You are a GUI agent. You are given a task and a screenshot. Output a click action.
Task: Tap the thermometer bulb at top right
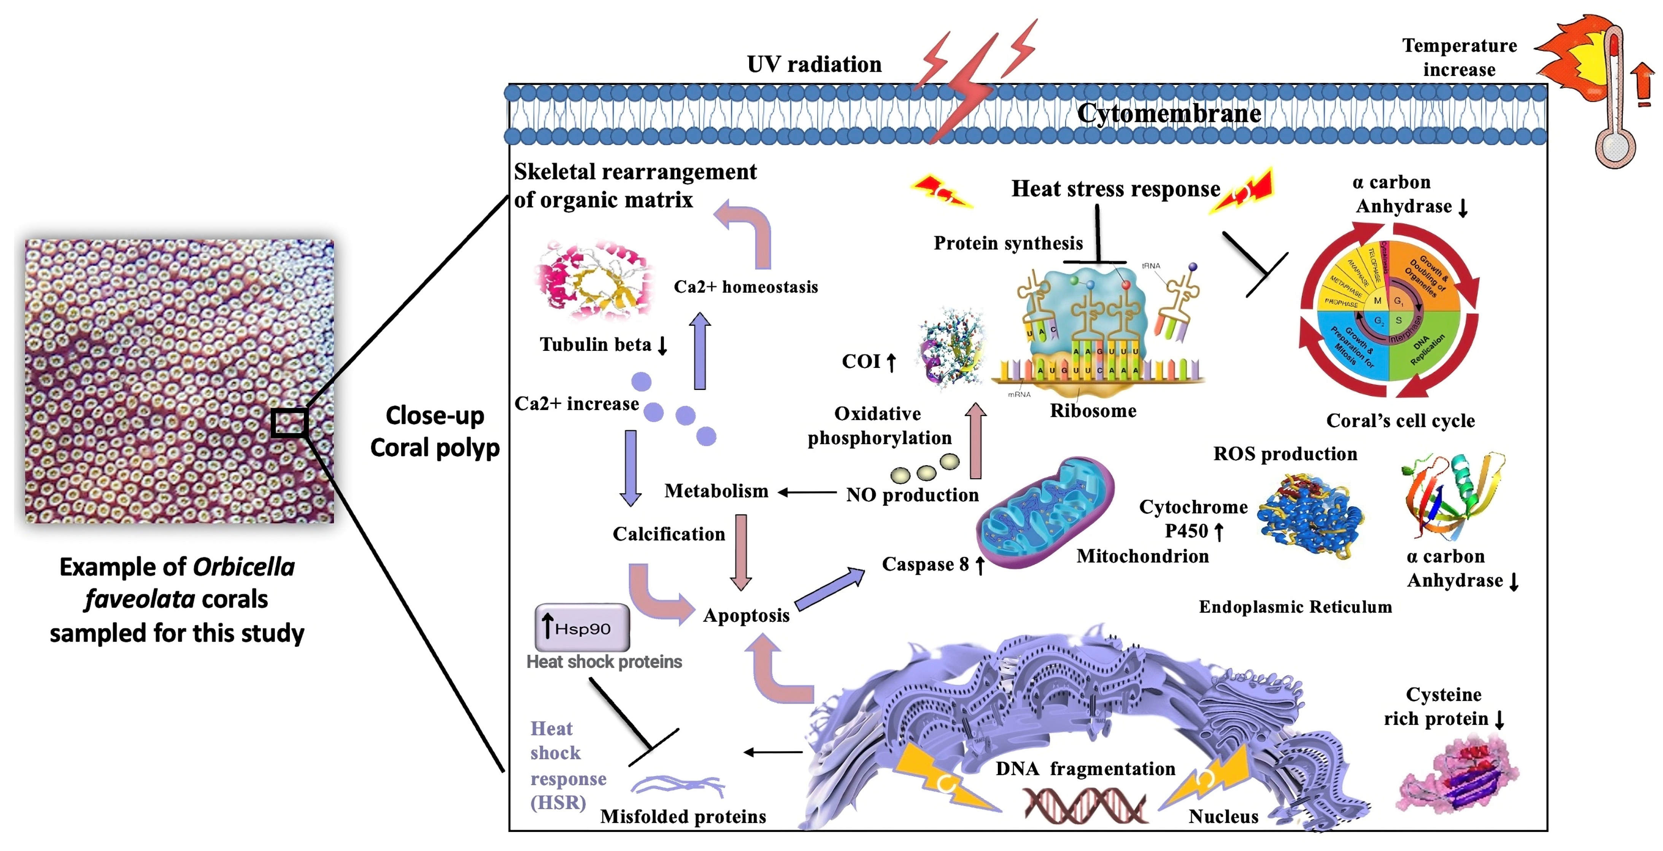[1614, 148]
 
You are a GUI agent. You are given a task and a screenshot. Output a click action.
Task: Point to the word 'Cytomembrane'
[1169, 114]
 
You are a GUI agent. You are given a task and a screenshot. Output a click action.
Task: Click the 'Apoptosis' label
[746, 615]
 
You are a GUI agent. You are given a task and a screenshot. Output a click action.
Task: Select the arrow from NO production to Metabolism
[807, 492]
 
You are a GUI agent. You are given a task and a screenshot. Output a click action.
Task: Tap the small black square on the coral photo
[289, 423]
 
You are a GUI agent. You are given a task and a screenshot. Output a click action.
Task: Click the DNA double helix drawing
[1085, 807]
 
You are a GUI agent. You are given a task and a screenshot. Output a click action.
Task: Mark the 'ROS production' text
[1285, 454]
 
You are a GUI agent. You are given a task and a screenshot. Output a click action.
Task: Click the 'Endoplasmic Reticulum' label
[1295, 607]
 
